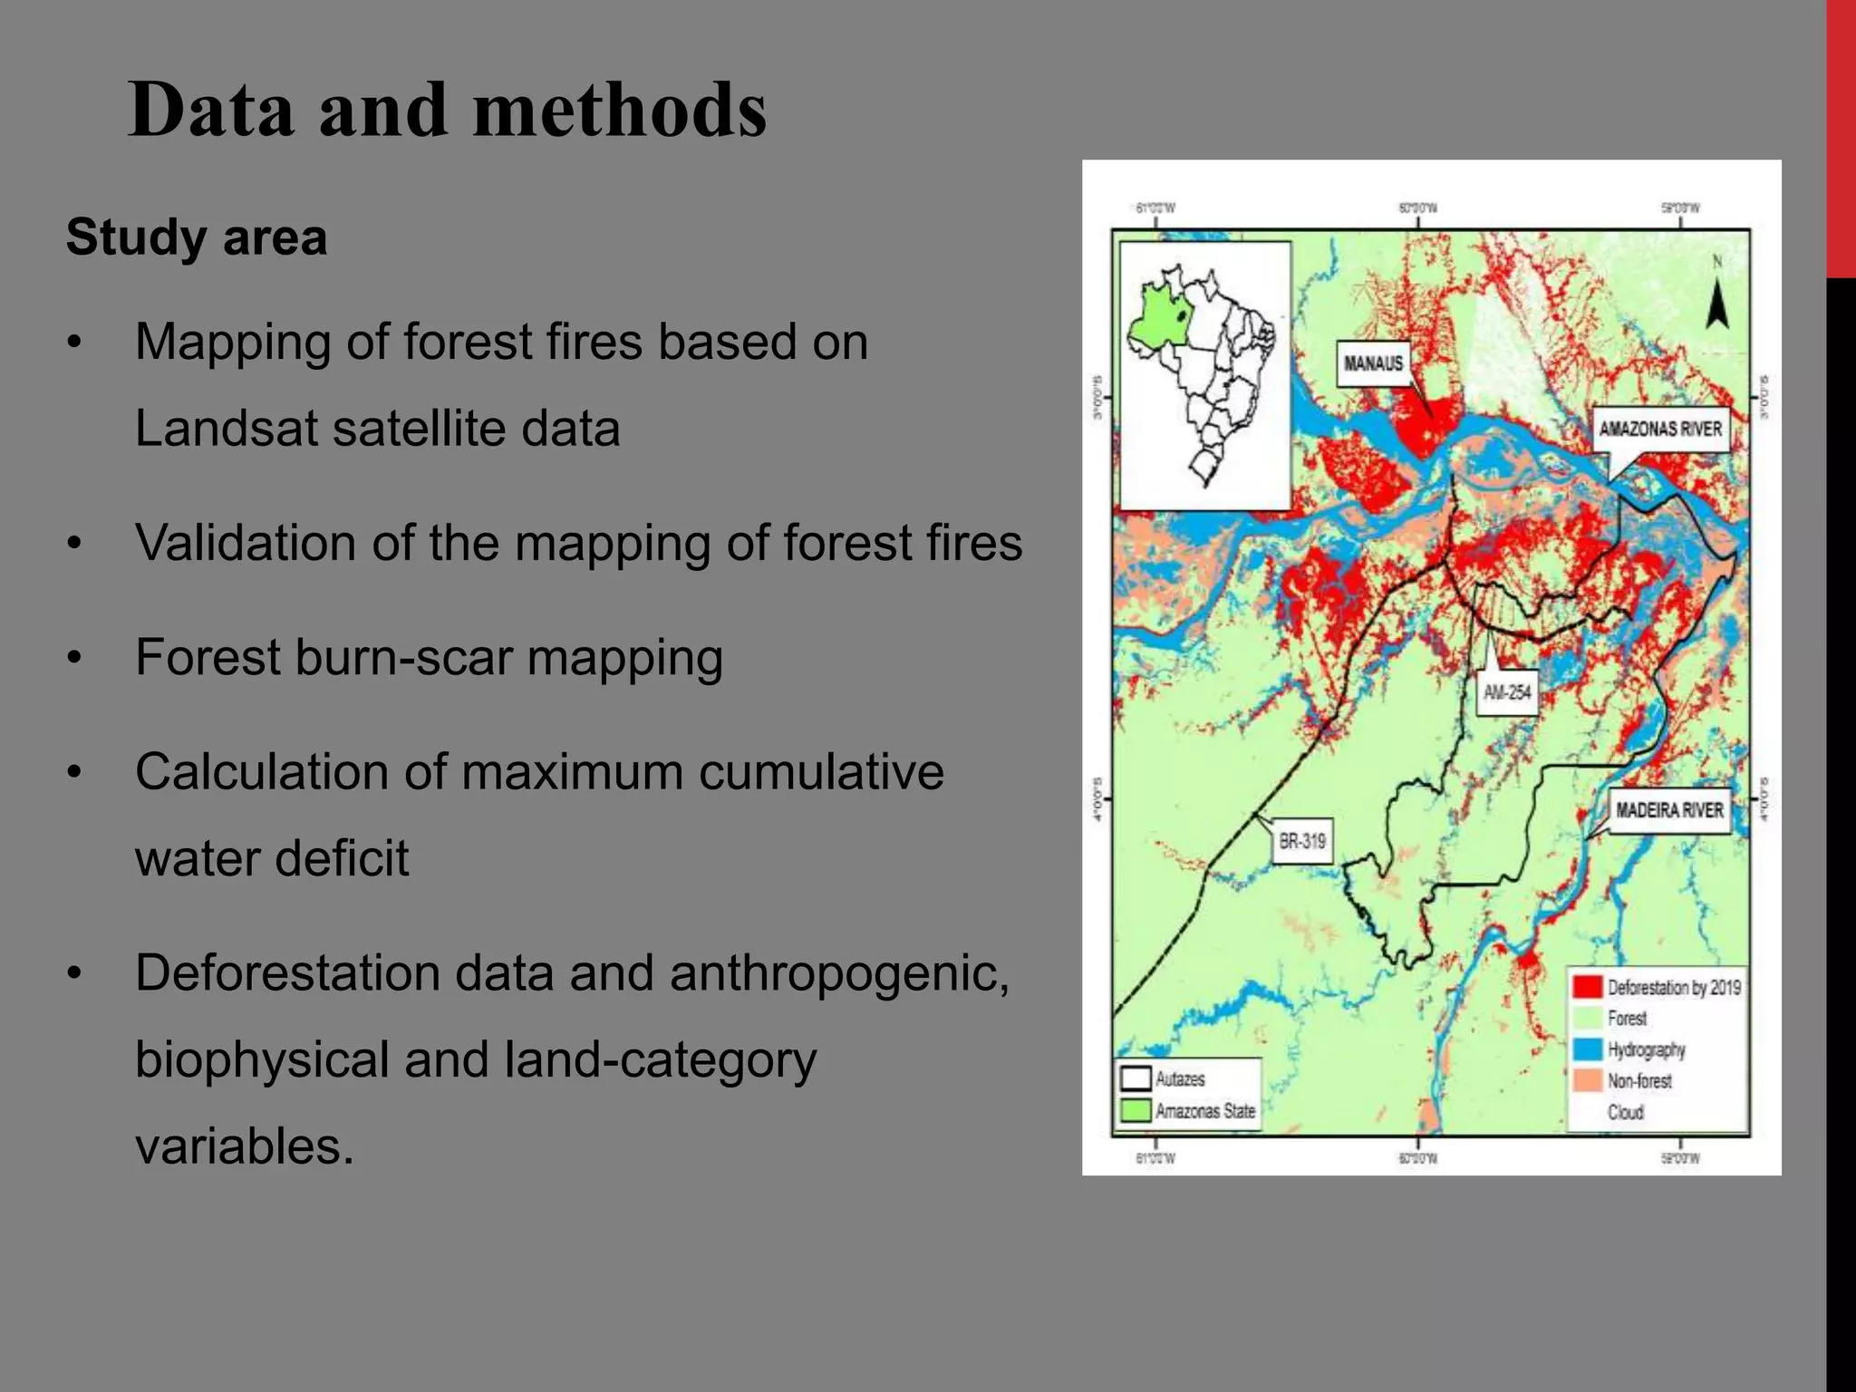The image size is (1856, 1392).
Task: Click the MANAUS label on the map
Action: [1373, 363]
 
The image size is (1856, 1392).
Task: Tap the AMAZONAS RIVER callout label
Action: [1660, 429]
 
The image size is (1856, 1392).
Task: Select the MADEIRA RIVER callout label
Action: [1669, 809]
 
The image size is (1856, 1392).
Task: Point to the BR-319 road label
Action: [1302, 841]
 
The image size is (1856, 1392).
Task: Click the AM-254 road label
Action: [1507, 693]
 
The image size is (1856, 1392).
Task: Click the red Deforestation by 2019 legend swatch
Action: [1588, 987]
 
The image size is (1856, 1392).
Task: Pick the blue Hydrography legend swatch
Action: [1588, 1049]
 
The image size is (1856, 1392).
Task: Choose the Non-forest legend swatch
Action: [1588, 1080]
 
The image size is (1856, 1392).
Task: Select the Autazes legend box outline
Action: [1136, 1078]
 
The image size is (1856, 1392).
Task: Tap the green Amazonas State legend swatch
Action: [1136, 1110]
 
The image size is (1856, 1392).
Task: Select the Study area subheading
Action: [197, 237]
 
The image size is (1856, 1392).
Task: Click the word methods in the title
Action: [620, 111]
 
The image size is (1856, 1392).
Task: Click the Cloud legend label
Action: [1625, 1112]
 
